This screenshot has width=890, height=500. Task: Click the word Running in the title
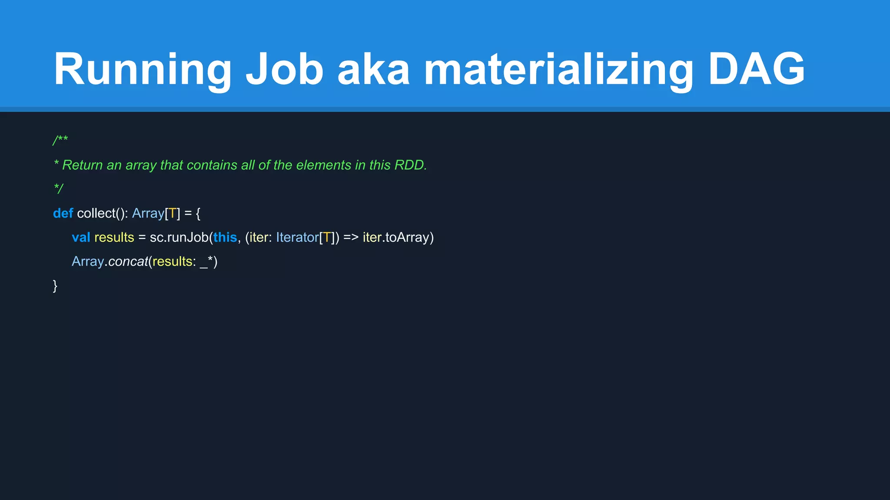tap(142, 69)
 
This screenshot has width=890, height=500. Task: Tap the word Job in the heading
tap(285, 69)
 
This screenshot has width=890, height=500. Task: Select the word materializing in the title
tap(558, 69)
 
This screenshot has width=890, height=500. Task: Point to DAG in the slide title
tap(757, 69)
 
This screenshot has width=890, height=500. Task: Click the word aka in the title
tap(373, 69)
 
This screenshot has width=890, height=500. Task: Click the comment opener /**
tap(60, 141)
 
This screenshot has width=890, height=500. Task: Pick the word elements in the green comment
tap(323, 165)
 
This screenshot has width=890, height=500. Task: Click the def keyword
tap(63, 213)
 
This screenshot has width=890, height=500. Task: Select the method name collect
tap(96, 213)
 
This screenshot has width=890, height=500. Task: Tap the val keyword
tap(81, 237)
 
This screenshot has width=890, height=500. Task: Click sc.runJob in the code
tap(179, 237)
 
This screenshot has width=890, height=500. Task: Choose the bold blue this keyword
tap(225, 237)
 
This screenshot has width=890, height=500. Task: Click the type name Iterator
tap(297, 237)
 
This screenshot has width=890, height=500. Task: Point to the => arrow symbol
tap(351, 237)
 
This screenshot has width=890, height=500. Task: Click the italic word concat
tap(128, 261)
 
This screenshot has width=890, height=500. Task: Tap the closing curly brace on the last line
tap(55, 286)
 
